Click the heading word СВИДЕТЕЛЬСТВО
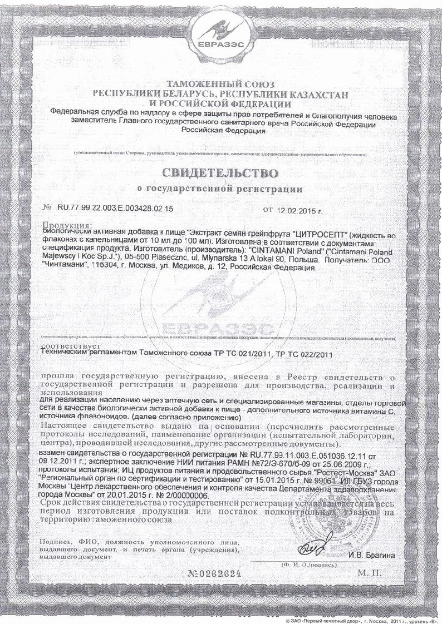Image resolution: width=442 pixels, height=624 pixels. pyautogui.click(x=220, y=170)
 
